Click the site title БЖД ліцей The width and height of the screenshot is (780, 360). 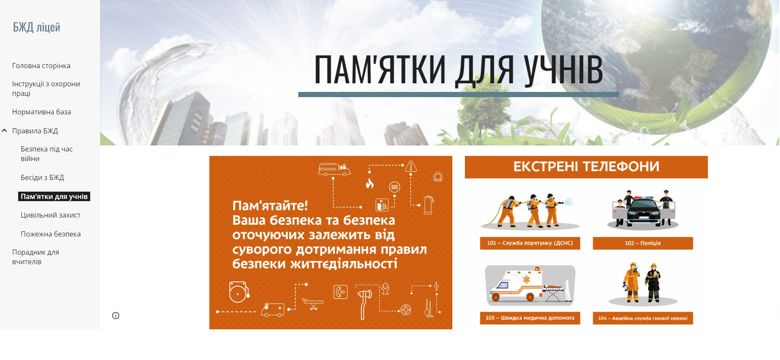click(x=37, y=27)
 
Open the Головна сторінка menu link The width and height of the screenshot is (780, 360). click(x=41, y=66)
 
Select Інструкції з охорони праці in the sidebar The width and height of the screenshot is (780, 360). click(x=46, y=88)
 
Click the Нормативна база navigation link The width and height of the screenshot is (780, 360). click(x=41, y=112)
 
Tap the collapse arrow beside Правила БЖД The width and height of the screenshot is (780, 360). click(x=4, y=130)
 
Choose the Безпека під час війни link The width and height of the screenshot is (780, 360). click(x=47, y=154)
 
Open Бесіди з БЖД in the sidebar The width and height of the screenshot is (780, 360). click(x=42, y=177)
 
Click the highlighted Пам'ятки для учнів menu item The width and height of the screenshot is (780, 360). click(x=54, y=196)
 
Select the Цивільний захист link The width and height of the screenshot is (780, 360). click(x=51, y=215)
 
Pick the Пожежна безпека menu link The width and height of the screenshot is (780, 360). click(x=51, y=234)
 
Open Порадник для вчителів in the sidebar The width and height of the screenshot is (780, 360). click(x=35, y=257)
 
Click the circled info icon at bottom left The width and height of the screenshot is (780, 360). click(x=116, y=316)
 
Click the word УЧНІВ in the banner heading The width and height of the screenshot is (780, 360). click(x=563, y=69)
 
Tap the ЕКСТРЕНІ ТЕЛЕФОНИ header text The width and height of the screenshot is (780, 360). click(x=586, y=167)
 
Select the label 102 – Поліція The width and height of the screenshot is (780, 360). click(x=643, y=243)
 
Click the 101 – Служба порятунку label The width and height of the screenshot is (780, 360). click(x=530, y=243)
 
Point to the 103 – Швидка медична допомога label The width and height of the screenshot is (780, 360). click(x=530, y=318)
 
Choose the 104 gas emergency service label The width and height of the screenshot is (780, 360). click(x=643, y=318)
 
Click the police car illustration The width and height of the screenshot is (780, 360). click(x=643, y=210)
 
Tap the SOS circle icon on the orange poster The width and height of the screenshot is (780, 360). click(x=395, y=187)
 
